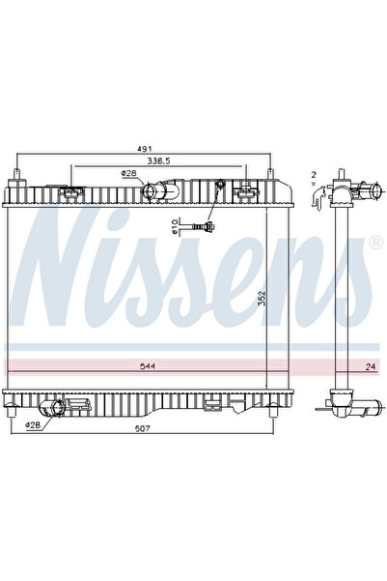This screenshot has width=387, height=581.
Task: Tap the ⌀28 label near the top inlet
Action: pos(127,174)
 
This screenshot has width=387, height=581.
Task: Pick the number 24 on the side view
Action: pos(369,366)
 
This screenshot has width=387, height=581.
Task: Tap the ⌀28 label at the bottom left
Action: pos(33,423)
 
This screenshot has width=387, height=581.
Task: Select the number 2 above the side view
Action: pos(314,174)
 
